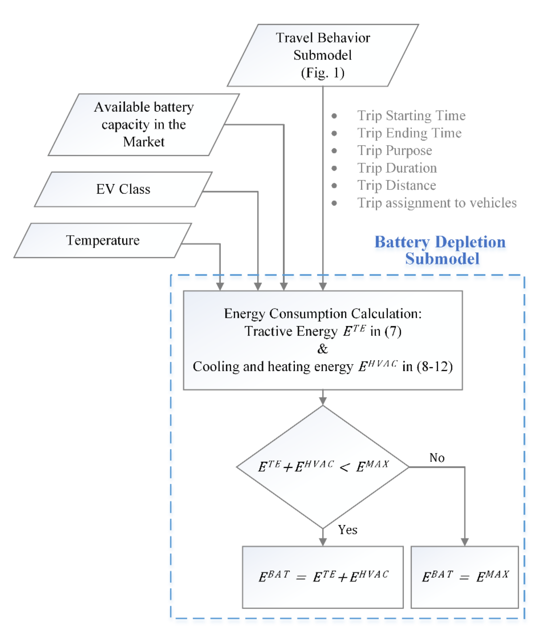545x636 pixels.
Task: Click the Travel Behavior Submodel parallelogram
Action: (323, 55)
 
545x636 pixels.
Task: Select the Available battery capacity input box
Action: (144, 124)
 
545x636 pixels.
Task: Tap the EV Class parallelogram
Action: (123, 189)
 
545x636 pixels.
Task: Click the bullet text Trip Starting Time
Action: (411, 116)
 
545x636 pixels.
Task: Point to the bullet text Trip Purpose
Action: (395, 150)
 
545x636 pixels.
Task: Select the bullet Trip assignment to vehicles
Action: (437, 203)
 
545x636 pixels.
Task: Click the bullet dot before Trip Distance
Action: (334, 185)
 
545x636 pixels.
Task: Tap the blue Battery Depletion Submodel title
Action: (440, 250)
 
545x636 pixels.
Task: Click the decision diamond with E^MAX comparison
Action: (323, 467)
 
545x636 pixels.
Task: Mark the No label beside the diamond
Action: (437, 458)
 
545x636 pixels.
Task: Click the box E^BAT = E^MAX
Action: (465, 577)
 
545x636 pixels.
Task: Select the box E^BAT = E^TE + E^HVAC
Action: (323, 577)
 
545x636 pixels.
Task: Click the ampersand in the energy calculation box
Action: (323, 349)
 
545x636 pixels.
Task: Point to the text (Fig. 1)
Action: (323, 73)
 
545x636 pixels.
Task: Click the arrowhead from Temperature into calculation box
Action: (220, 286)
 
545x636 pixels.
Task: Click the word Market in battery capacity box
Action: (144, 142)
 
